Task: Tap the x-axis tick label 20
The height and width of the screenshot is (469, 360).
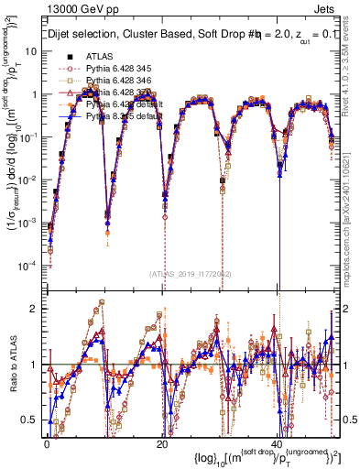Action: point(161,441)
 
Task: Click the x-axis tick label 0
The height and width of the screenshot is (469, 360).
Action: point(46,441)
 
